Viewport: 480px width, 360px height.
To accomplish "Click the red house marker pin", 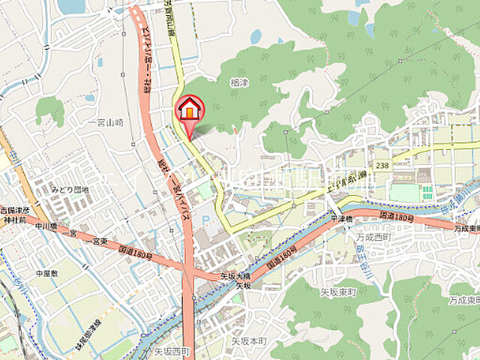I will (189, 110).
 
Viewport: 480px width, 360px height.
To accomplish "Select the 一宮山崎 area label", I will (104, 121).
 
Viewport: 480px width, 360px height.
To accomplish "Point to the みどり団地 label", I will (70, 190).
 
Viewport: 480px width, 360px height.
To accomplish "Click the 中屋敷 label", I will (46, 274).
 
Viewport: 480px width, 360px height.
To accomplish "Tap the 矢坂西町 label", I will (174, 350).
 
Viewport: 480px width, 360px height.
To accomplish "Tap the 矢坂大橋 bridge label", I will (235, 275).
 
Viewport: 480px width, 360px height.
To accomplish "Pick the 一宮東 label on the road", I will (92, 239).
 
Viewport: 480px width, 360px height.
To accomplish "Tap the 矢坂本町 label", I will (249, 340).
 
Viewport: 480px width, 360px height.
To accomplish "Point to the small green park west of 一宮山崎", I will (50, 109).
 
